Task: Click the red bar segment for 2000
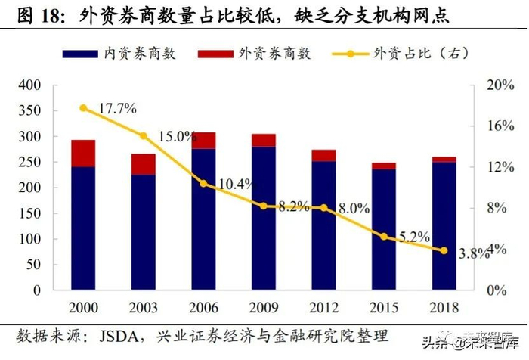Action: (x=83, y=153)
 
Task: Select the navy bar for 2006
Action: (x=203, y=219)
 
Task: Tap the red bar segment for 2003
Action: (x=143, y=164)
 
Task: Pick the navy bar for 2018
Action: (x=444, y=226)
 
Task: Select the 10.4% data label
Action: (x=234, y=184)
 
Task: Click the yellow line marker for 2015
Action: (x=383, y=237)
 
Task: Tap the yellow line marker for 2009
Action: (x=263, y=206)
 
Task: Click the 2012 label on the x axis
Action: (x=323, y=309)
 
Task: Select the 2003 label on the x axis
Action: (x=143, y=309)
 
